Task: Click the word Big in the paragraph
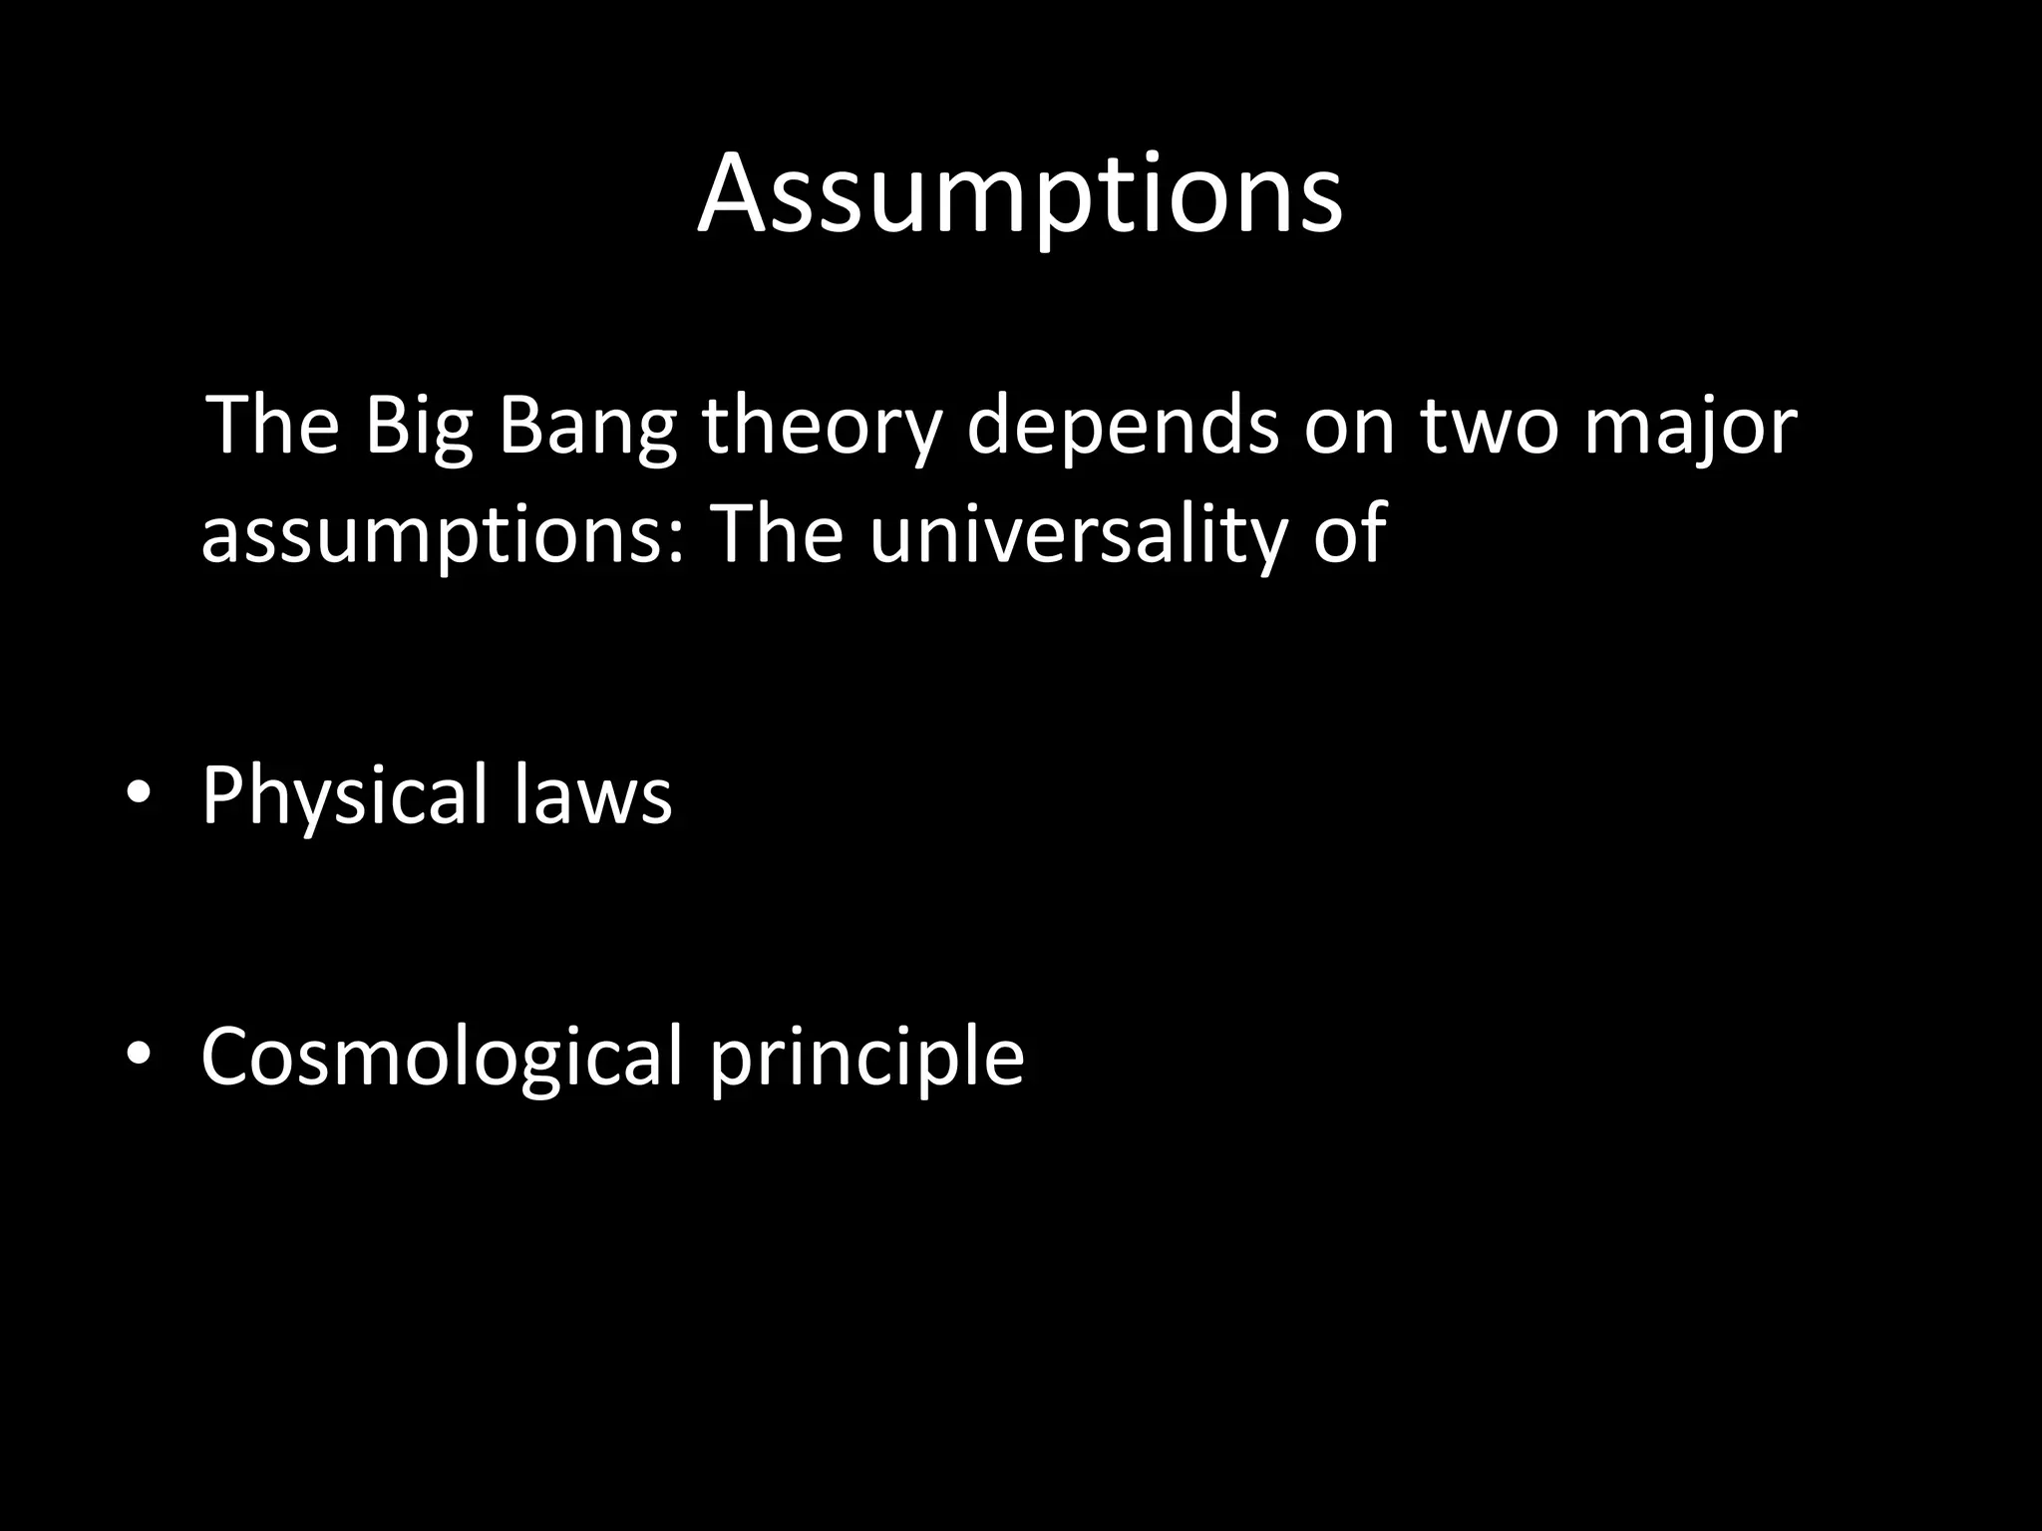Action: [418, 428]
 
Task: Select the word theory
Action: [821, 428]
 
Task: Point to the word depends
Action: [1123, 428]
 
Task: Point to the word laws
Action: [593, 794]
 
